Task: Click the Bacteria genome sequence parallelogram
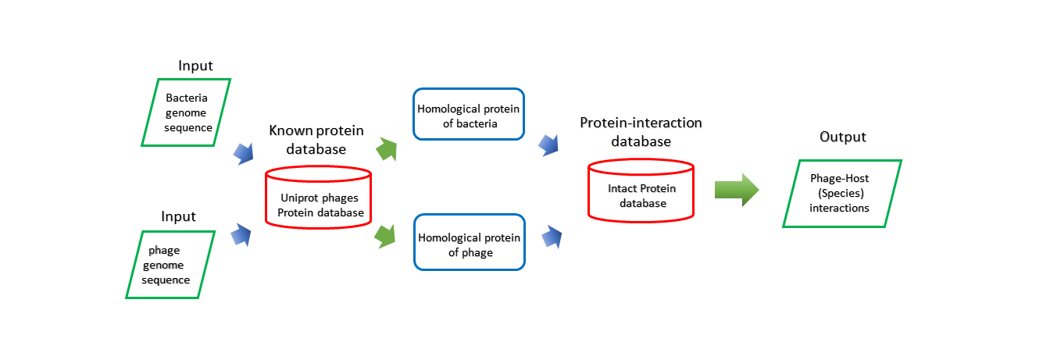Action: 186,112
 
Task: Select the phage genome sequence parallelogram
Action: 170,265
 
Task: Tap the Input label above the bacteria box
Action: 195,66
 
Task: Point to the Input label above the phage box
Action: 178,216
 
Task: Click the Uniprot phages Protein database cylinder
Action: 319,198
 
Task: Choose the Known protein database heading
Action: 316,139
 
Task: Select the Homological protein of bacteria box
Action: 469,114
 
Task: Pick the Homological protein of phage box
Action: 470,242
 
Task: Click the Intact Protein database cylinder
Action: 641,191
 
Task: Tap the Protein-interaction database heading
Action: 641,132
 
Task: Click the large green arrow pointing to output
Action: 737,190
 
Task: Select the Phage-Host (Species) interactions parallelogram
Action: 842,194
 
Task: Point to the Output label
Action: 843,137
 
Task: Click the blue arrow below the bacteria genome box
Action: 244,154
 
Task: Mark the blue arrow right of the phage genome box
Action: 241,235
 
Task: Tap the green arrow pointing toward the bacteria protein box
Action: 387,149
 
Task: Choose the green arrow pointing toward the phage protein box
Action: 385,237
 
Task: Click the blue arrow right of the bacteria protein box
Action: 549,145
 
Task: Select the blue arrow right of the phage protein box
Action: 552,237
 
